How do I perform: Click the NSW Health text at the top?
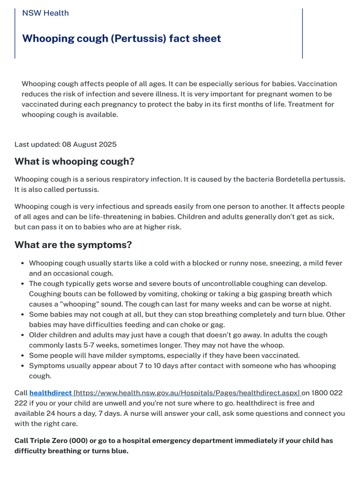tap(45, 13)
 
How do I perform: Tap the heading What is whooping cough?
tap(75, 162)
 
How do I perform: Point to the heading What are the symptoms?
tap(73, 245)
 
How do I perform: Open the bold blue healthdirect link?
tap(50, 393)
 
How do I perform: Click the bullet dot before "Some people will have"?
tap(22, 355)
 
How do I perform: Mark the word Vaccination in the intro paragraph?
tap(317, 84)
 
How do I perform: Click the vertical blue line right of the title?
tap(302, 33)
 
